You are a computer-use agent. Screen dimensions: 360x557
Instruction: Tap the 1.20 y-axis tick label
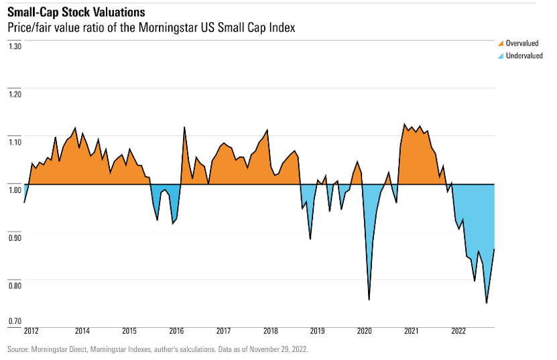click(15, 94)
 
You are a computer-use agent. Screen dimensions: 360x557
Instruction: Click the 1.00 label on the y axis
click(15, 190)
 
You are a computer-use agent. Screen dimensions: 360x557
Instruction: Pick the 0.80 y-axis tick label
click(15, 286)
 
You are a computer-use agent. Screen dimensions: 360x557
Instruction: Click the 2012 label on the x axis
click(31, 331)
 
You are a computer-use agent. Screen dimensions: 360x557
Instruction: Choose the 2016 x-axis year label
click(177, 331)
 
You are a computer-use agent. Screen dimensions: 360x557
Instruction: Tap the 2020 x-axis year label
click(365, 331)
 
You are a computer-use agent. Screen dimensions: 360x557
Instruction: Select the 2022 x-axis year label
click(458, 331)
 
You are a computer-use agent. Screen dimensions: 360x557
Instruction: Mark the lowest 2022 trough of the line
click(486, 303)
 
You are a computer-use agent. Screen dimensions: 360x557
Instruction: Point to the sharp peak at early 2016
click(184, 127)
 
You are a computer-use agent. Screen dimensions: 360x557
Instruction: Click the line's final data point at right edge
click(494, 249)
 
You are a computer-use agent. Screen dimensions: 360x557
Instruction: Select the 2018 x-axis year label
click(271, 331)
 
